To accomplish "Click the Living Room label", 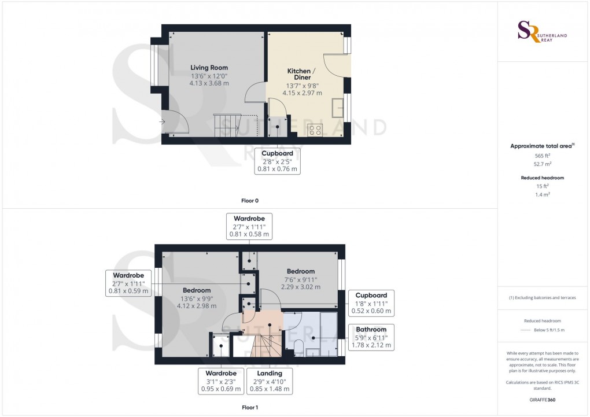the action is click(209, 68).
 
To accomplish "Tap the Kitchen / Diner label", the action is click(302, 74).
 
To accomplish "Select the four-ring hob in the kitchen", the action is click(315, 130).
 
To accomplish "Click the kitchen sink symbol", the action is click(338, 108).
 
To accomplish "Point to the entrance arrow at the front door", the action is click(162, 121).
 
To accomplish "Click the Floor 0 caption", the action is click(250, 201).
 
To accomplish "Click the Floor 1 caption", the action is click(250, 407).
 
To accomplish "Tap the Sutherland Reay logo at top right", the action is click(542, 32).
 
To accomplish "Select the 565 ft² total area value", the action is click(542, 156).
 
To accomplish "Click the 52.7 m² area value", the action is click(542, 164).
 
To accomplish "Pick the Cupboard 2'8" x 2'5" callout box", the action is click(277, 161).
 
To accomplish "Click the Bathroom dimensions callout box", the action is click(371, 337).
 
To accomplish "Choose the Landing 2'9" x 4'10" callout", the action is click(270, 381).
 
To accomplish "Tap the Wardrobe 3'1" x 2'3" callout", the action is click(221, 381).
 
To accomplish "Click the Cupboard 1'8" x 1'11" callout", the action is click(371, 303).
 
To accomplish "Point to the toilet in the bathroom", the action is click(299, 348).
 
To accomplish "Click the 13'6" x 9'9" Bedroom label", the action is click(197, 298).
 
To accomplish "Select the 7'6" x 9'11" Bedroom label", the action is click(301, 279).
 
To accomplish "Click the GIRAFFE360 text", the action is click(542, 400).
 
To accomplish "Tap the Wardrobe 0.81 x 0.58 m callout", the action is click(249, 226).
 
